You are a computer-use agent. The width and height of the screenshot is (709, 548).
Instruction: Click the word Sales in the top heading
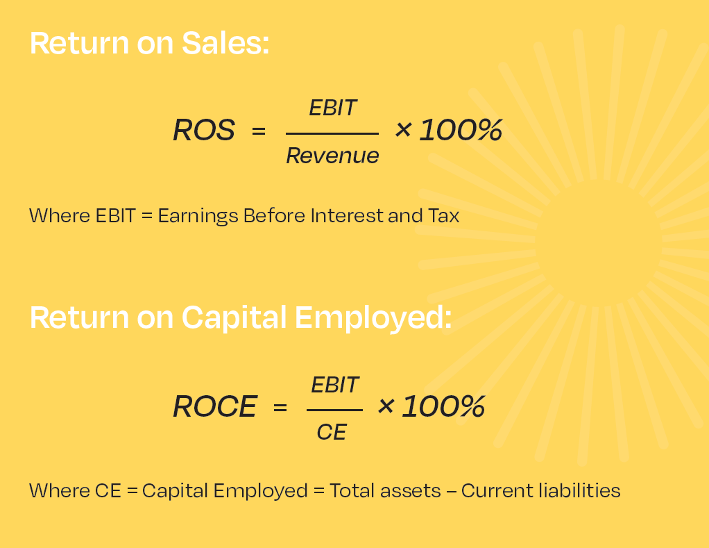click(x=225, y=43)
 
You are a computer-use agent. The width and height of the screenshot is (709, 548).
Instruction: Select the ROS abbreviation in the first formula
click(x=204, y=131)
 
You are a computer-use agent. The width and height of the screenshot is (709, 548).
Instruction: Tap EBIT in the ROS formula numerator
click(x=333, y=108)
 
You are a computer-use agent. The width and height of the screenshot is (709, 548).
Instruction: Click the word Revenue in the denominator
click(x=332, y=156)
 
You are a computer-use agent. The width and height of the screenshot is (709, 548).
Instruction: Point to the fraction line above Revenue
click(x=332, y=133)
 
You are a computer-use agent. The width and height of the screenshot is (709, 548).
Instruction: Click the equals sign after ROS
click(x=259, y=131)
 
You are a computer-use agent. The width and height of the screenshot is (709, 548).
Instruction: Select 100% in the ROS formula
click(x=461, y=131)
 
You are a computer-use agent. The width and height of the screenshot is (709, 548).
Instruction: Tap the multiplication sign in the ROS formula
click(x=403, y=130)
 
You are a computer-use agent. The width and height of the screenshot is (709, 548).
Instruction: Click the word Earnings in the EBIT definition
click(x=198, y=216)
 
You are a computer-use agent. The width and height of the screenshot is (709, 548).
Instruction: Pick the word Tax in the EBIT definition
click(x=443, y=216)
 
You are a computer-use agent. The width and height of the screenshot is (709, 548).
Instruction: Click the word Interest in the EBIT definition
click(x=348, y=216)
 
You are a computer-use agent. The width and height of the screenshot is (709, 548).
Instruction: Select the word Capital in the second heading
click(x=234, y=317)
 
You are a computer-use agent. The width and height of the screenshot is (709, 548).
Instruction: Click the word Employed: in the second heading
click(x=373, y=318)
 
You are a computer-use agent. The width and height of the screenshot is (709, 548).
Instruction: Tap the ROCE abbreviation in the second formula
click(x=215, y=406)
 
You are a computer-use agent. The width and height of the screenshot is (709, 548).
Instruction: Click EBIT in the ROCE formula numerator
click(x=335, y=385)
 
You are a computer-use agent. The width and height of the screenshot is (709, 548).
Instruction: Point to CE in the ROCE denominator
click(x=332, y=432)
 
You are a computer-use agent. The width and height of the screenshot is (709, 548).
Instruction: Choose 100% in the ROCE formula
click(x=443, y=406)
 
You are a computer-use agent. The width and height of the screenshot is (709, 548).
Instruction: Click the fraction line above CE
click(x=334, y=410)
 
